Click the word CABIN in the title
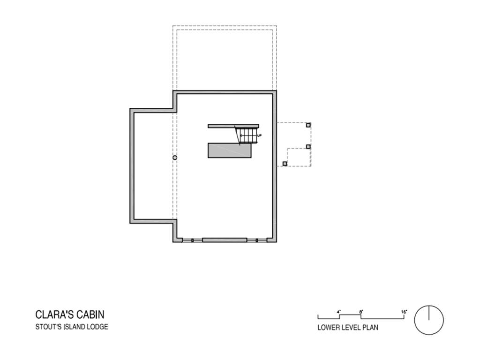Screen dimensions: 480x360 click(90, 315)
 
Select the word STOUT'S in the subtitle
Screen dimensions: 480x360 click(48, 327)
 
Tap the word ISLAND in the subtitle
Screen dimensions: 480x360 click(75, 327)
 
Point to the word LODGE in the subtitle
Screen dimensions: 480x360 click(97, 327)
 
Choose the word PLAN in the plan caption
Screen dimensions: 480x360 click(370, 328)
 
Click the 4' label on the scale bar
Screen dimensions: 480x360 click(338, 312)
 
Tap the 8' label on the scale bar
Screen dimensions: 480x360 click(361, 312)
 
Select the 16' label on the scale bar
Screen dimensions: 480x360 click(404, 312)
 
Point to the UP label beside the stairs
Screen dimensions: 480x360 click(259, 135)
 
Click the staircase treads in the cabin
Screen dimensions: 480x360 click(247, 135)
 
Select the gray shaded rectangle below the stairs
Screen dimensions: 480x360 click(230, 150)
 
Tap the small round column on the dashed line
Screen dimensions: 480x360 click(175, 157)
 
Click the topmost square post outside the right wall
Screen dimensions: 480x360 click(308, 125)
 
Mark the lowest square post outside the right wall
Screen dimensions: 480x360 click(285, 164)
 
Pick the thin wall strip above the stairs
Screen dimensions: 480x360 click(233, 126)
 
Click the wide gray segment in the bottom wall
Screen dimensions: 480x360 click(225, 240)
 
